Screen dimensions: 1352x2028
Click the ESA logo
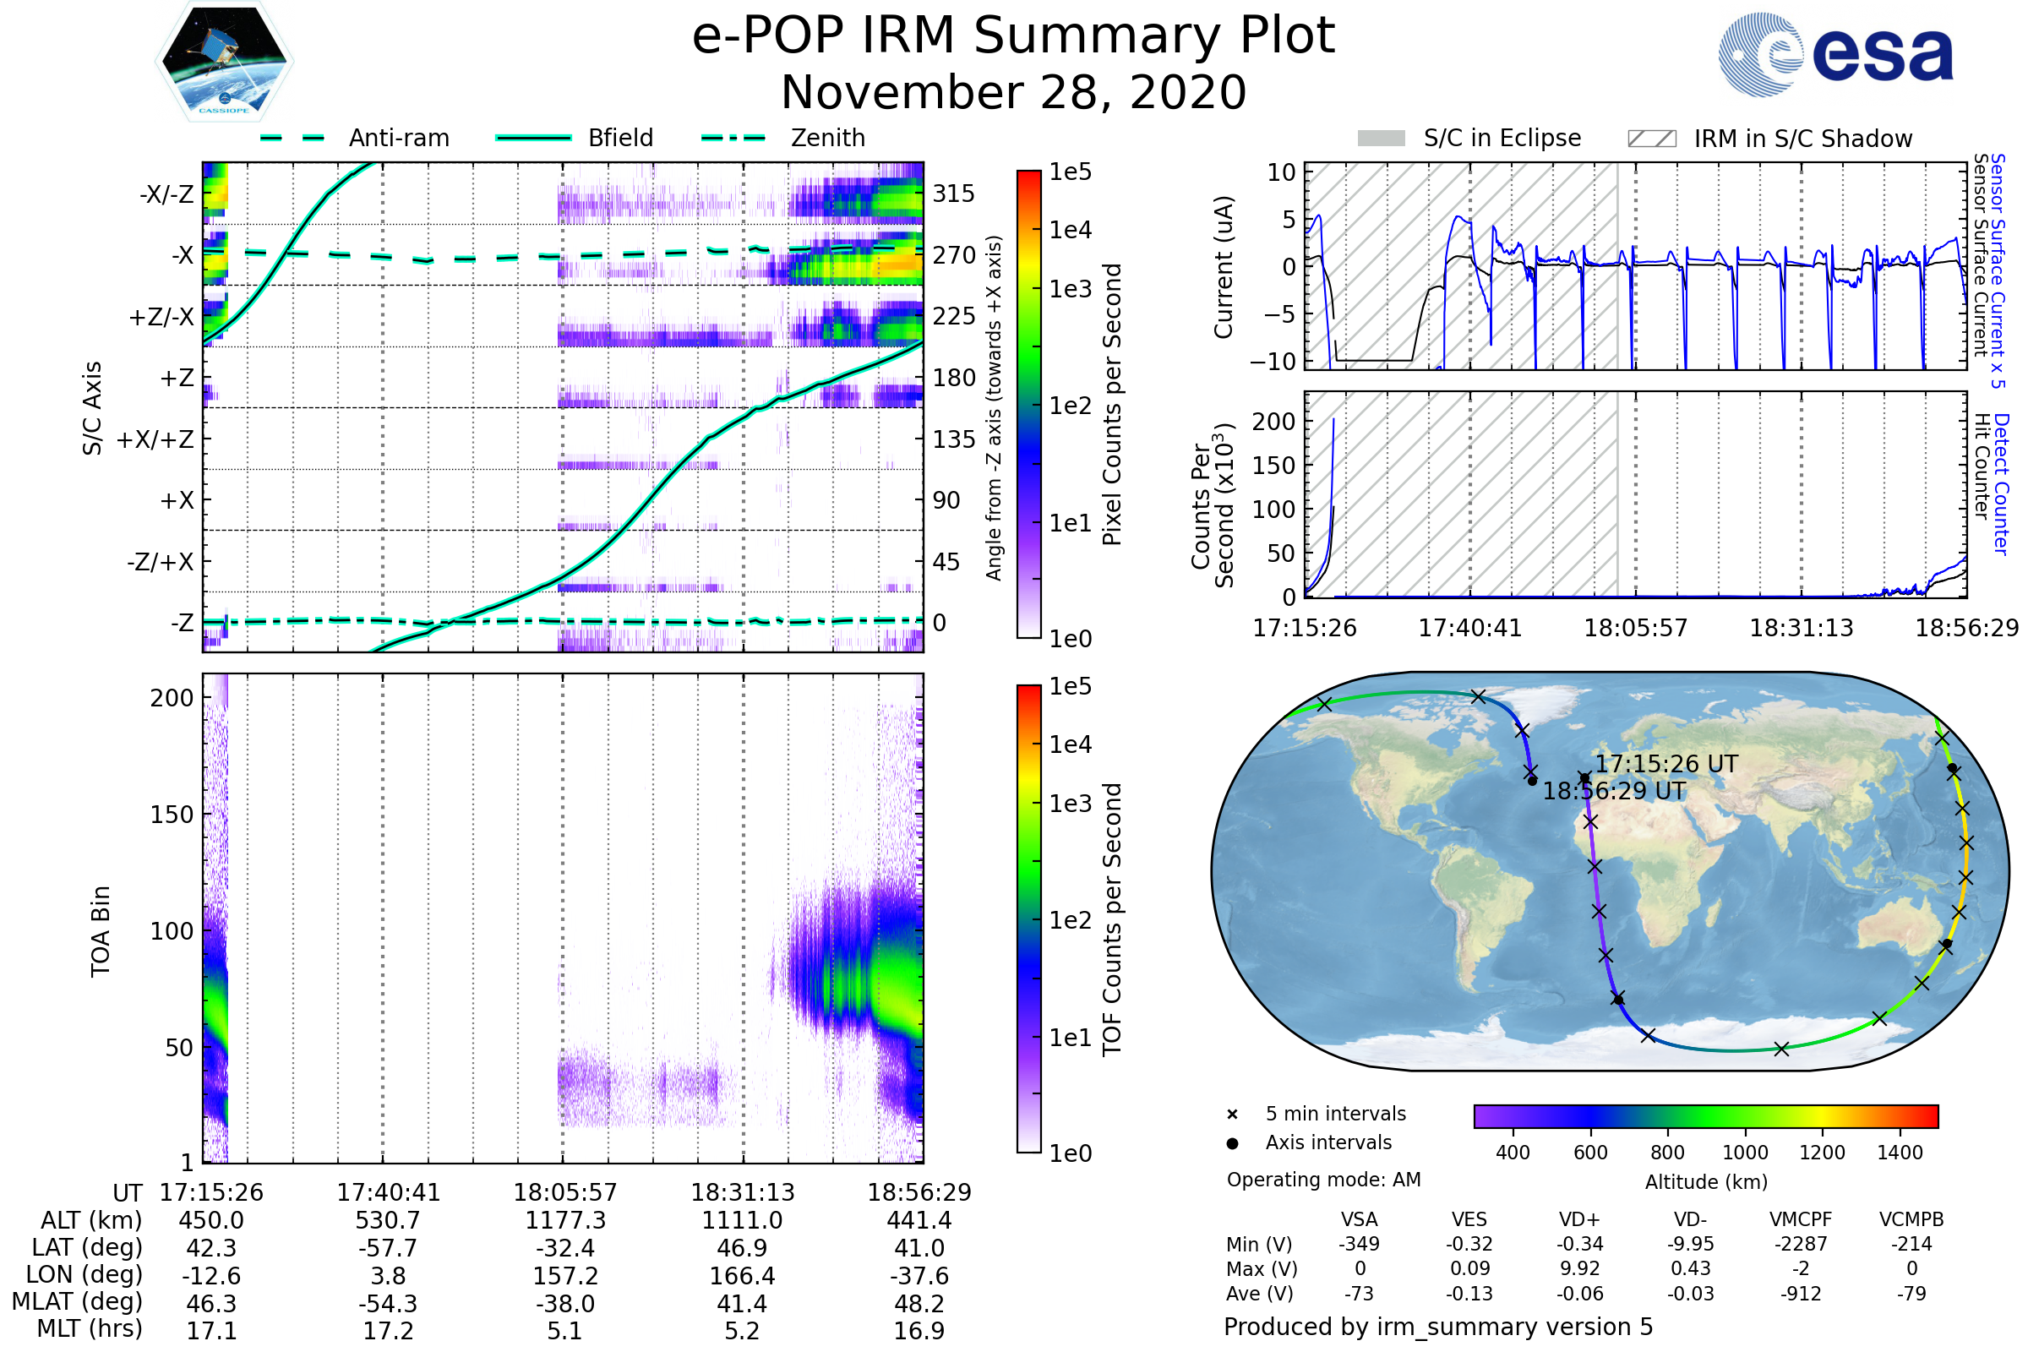[1835, 54]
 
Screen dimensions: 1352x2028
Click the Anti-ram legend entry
[398, 138]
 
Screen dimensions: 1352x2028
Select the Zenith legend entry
[828, 138]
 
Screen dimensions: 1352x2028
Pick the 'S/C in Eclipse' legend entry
[1502, 138]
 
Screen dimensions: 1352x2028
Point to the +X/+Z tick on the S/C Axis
[155, 439]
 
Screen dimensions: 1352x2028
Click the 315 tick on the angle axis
[954, 194]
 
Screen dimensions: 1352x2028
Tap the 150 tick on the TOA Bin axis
[172, 815]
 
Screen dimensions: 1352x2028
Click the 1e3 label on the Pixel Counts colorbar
[1070, 290]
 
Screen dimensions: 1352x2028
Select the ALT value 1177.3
[564, 1221]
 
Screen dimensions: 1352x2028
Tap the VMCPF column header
[1801, 1220]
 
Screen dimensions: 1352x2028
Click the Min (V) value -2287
[1801, 1244]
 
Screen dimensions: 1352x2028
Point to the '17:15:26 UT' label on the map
[1665, 764]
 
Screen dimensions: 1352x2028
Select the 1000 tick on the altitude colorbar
[1745, 1153]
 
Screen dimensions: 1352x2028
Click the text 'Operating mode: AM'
[1323, 1180]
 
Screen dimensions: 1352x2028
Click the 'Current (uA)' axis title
[1224, 267]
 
